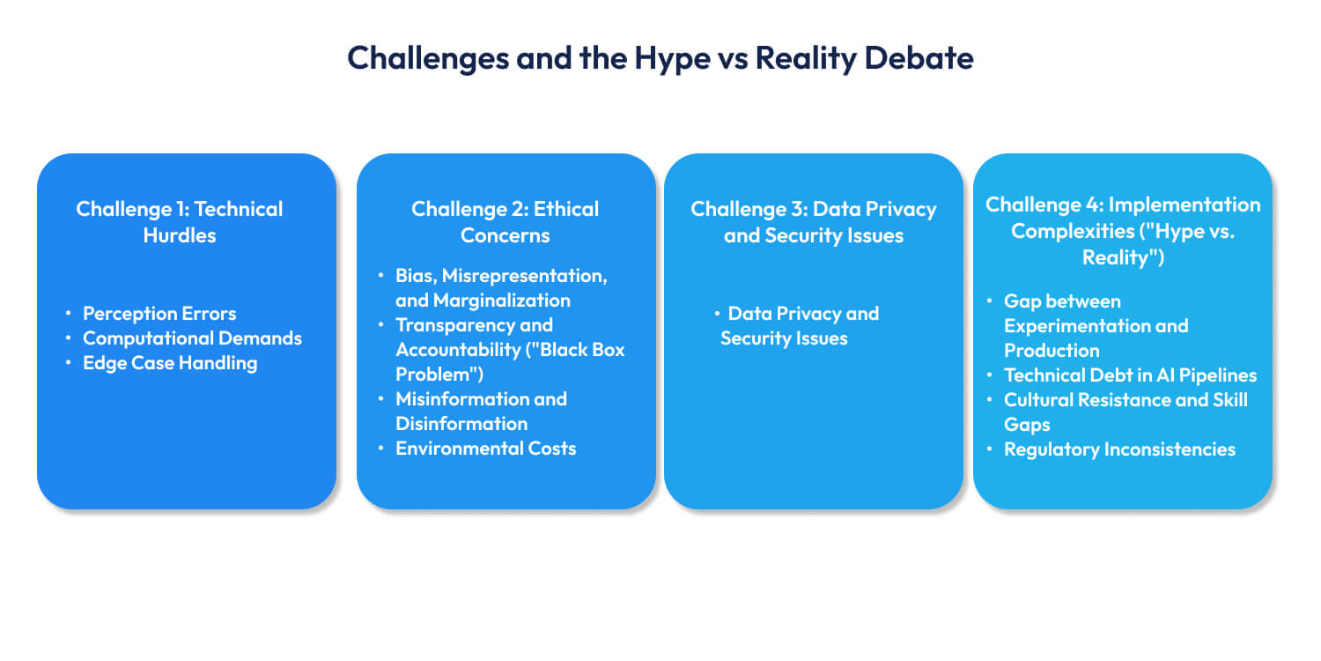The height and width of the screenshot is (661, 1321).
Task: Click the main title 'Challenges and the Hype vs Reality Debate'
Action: point(660,58)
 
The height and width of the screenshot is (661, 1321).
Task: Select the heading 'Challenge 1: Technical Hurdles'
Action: point(180,222)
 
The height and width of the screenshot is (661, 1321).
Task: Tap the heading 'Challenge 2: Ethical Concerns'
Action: point(505,222)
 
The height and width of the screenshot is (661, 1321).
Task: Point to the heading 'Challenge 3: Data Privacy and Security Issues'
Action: point(813,222)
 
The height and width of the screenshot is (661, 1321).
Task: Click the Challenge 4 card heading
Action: point(1123,231)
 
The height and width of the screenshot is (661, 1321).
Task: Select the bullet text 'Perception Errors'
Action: point(159,314)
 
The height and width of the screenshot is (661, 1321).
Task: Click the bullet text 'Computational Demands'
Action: point(192,338)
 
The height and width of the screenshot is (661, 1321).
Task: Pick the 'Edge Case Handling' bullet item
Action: point(170,363)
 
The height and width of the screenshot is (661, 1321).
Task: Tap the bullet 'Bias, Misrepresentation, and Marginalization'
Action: point(501,288)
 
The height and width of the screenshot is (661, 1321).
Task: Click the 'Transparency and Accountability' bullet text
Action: point(510,349)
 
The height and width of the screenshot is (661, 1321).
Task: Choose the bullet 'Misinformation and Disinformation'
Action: point(481,412)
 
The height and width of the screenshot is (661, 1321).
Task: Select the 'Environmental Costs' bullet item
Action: point(485,449)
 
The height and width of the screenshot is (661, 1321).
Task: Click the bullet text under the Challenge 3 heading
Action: point(800,326)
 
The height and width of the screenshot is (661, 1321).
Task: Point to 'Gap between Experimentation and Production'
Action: point(1096,326)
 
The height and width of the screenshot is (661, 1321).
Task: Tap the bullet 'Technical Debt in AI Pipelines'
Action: point(1130,375)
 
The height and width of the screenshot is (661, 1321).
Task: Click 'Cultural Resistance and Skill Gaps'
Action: point(1125,412)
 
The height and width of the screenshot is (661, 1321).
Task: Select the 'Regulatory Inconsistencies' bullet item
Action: point(1119,449)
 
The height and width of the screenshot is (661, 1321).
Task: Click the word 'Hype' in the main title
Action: point(672,59)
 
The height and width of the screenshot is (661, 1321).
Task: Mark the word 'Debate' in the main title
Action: point(919,58)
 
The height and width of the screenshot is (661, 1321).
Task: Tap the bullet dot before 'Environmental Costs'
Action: point(381,448)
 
